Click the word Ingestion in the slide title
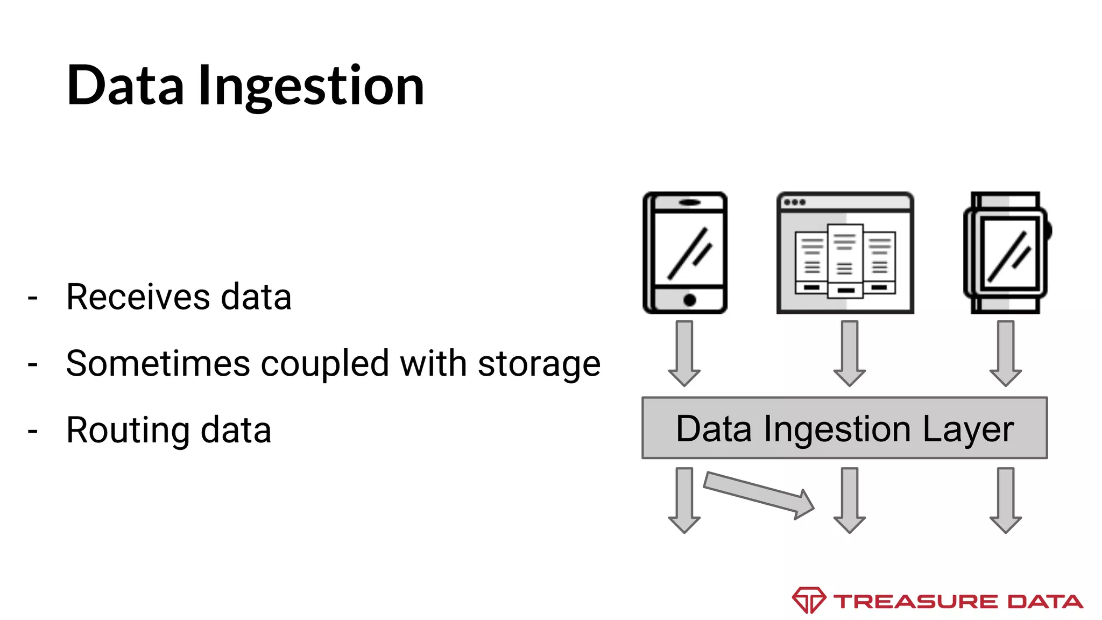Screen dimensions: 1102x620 311,86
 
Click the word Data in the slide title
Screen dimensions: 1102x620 125,86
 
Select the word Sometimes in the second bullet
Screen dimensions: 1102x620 158,363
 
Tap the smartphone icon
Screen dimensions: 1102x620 685,252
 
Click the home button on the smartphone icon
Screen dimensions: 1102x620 689,300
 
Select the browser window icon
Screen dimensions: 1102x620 845,252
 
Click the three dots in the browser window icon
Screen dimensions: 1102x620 795,202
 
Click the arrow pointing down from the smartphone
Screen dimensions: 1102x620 684,353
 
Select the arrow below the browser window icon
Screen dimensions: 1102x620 850,353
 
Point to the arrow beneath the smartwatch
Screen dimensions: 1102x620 1006,353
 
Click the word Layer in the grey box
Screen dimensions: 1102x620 968,429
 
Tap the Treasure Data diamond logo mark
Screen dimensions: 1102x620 808,600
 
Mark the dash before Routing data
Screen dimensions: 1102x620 33,431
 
